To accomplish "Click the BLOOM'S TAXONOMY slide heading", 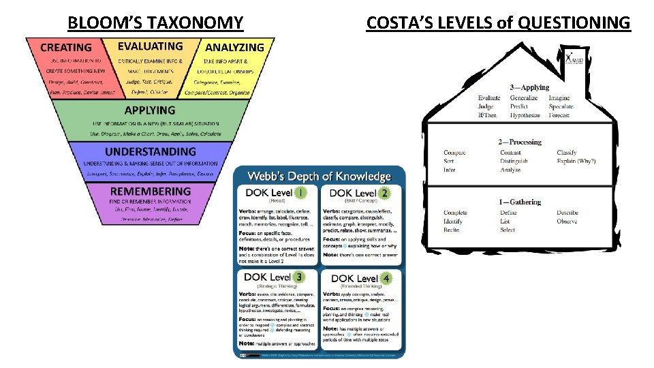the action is coord(155,22).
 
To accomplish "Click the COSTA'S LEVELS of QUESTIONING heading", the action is coord(498,22).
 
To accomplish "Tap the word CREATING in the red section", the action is coord(65,47).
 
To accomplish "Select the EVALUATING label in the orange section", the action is coord(150,46).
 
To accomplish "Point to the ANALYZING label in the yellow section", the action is coord(234,47).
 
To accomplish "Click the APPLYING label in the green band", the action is coord(150,110).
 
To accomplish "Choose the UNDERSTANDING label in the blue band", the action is coord(150,151).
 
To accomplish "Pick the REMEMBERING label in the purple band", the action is coord(150,191).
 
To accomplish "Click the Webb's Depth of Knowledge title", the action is coord(319,176).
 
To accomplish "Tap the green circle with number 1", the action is coord(301,193).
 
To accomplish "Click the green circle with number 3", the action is coord(300,277).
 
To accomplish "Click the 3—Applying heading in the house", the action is coord(529,87).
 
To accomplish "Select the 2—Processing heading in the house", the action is coord(520,142).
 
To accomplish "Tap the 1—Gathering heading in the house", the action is coord(520,202).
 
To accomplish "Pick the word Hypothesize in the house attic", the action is coord(525,116).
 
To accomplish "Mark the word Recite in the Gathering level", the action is coord(452,230).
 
